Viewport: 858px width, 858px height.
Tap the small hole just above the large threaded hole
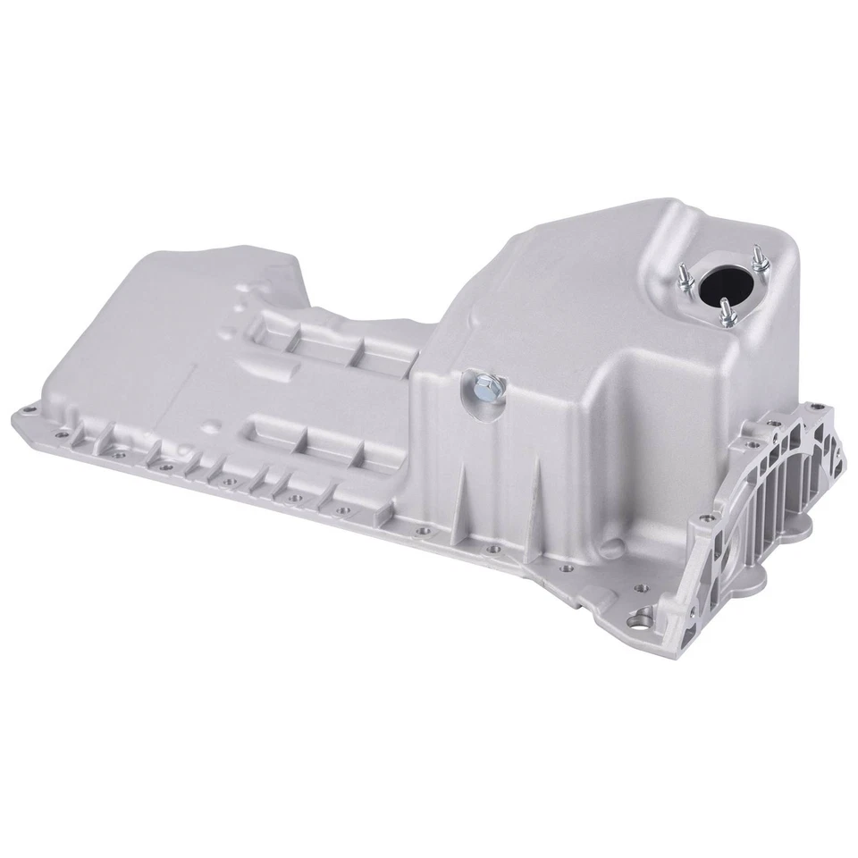636,588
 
